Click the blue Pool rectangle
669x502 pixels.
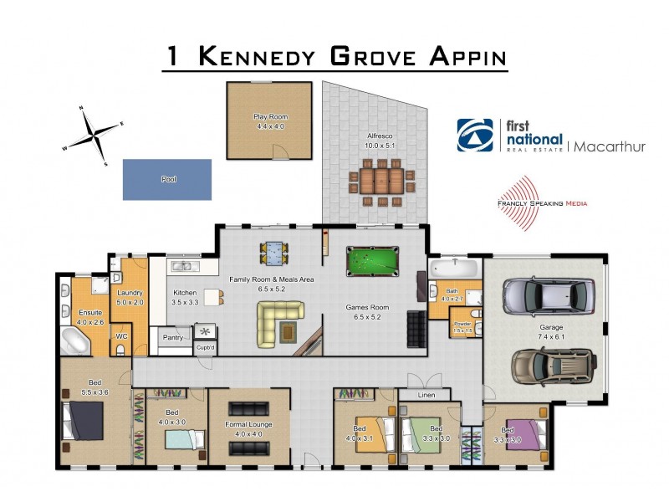166,179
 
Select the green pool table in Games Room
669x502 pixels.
374,262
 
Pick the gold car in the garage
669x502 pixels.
548,365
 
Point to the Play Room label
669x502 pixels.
269,116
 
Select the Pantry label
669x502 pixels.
172,338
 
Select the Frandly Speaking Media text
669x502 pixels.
541,202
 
